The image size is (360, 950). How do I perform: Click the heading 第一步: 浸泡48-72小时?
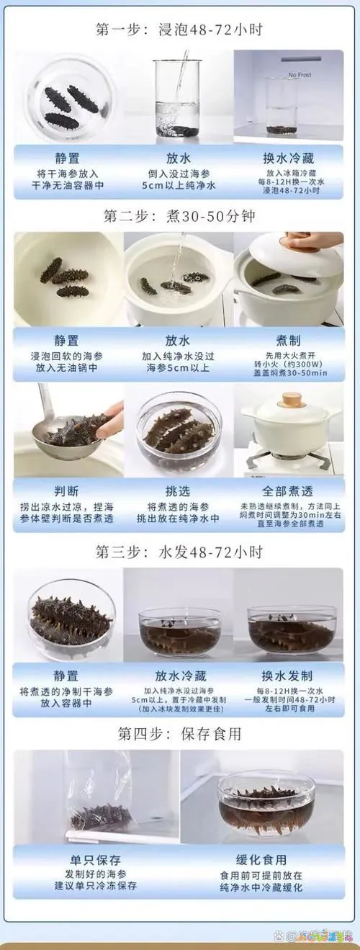(179, 30)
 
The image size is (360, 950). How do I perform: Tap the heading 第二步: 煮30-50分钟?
(179, 215)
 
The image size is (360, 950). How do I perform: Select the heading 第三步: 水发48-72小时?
(179, 552)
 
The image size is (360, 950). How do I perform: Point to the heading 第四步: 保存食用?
(179, 734)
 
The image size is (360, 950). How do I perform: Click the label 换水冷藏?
(287, 158)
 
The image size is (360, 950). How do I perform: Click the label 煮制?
(287, 340)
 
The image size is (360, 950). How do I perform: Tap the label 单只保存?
(95, 860)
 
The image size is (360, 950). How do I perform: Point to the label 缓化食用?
(262, 860)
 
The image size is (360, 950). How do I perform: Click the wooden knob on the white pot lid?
(292, 398)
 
